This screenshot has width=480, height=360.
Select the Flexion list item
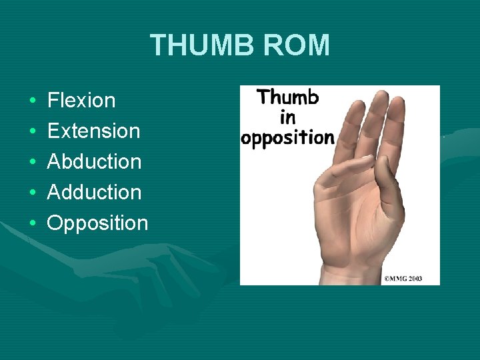tap(81, 101)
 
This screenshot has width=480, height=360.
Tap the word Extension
tap(93, 131)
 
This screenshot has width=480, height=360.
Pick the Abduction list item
tap(94, 161)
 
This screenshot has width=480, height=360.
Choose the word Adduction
tap(94, 192)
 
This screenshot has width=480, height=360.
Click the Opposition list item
tap(97, 223)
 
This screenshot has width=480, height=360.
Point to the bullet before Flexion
tap(33, 101)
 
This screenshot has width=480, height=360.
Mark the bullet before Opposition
tap(33, 223)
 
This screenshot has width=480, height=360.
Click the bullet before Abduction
tap(33, 162)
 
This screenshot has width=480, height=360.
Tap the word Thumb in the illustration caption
tap(288, 97)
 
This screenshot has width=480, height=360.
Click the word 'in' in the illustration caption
tap(288, 117)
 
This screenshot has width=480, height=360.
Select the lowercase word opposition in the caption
tap(287, 138)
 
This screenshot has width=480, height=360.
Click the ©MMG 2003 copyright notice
tap(402, 278)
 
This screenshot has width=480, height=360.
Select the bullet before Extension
tap(33, 131)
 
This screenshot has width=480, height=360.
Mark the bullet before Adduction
tap(33, 193)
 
